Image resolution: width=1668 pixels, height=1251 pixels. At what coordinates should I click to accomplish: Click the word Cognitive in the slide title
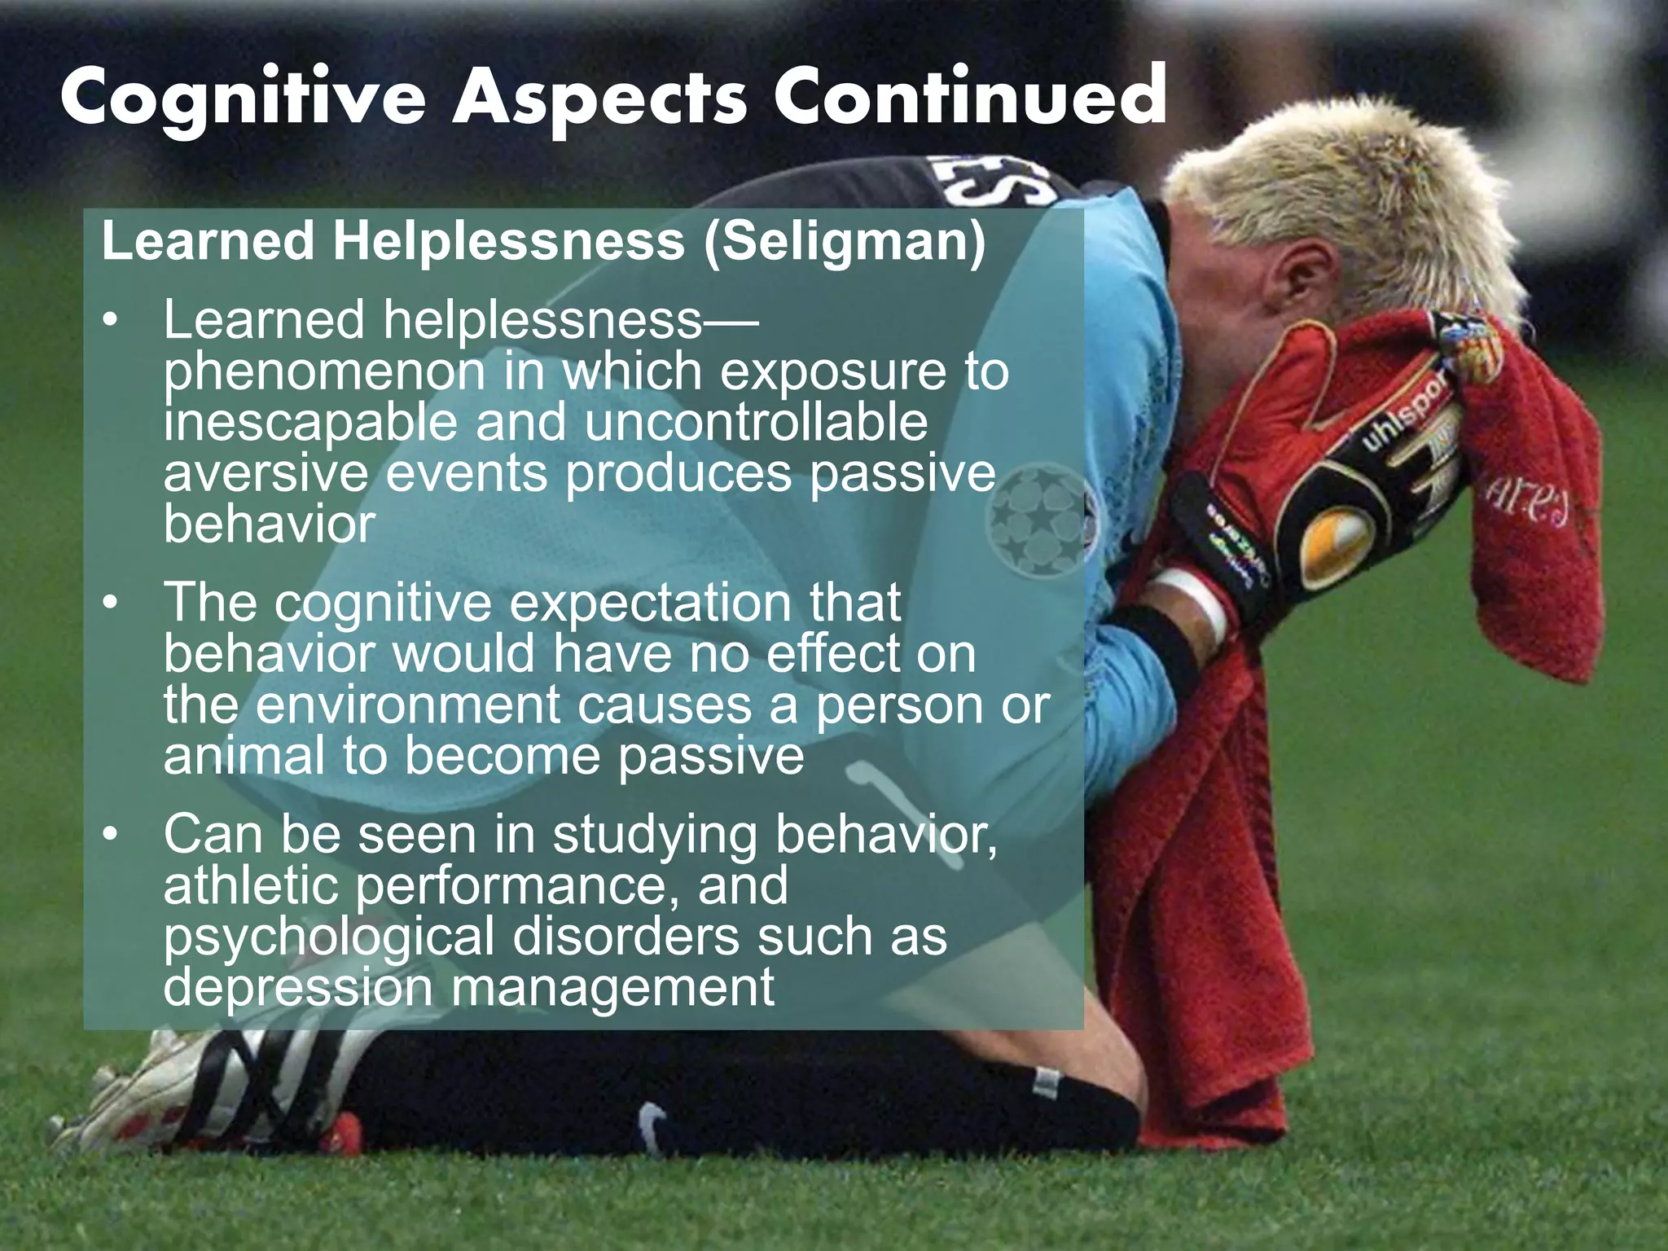tap(243, 99)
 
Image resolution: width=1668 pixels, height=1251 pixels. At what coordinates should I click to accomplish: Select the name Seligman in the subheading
tap(844, 241)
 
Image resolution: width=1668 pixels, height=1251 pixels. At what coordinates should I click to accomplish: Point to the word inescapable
tap(310, 423)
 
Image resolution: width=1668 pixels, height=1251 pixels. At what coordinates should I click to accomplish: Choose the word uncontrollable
tap(756, 423)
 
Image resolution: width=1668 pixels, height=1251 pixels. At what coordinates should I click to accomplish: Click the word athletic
tap(250, 885)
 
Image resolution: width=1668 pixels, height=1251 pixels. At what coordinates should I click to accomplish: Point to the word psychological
tap(328, 937)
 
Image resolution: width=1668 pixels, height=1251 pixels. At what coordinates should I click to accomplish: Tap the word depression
tap(298, 987)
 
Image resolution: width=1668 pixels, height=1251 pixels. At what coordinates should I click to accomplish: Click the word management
tap(612, 987)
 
